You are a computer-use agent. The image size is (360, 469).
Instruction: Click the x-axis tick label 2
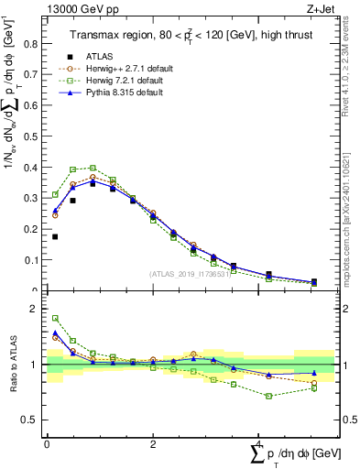[152, 443]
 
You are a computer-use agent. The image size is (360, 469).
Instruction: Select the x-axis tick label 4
[258, 443]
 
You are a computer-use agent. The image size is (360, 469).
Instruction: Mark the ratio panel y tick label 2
[37, 309]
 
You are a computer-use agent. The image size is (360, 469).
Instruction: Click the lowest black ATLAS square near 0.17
[55, 236]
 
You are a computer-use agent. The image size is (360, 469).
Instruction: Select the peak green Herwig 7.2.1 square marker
[93, 168]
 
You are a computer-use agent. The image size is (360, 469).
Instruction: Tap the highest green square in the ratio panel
[55, 319]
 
